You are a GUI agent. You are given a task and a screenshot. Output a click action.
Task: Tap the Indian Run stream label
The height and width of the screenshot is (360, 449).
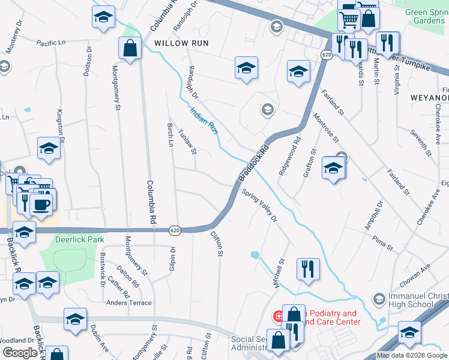(203, 119)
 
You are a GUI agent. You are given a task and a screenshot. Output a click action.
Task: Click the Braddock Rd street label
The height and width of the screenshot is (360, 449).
(253, 163)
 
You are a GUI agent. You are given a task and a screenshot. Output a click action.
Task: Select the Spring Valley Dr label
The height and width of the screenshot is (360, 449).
(260, 206)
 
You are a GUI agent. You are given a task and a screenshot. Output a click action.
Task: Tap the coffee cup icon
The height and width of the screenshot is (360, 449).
(41, 205)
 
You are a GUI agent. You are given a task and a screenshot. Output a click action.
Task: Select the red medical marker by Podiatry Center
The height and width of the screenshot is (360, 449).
(279, 315)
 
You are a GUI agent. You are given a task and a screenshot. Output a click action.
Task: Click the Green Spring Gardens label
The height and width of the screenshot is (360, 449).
(425, 16)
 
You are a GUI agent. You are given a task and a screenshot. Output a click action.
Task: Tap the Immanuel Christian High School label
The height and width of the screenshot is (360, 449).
(411, 299)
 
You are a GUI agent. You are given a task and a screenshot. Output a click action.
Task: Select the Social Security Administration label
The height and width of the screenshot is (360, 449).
(255, 344)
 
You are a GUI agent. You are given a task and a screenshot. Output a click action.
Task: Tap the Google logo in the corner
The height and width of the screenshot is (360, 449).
(20, 353)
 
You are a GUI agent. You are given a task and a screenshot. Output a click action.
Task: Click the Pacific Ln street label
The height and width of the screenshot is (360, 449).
(50, 43)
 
